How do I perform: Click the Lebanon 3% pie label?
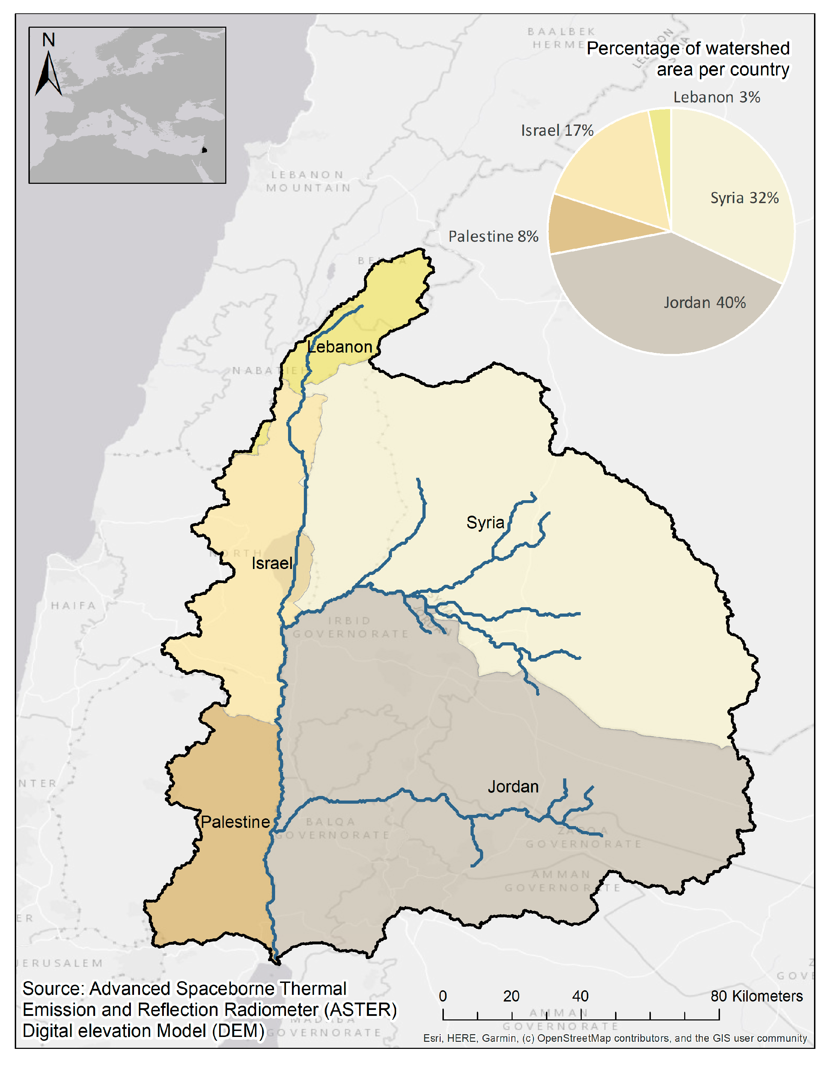tap(716, 97)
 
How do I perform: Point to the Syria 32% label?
tap(744, 198)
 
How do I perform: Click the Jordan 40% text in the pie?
tap(705, 302)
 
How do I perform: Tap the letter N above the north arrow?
tap(48, 40)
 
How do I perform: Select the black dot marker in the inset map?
tap(204, 150)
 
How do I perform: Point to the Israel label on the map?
tap(272, 563)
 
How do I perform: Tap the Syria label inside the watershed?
tap(485, 522)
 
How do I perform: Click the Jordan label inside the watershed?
tap(513, 786)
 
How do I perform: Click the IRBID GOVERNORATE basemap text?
tap(350, 627)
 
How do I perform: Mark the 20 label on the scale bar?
tap(511, 996)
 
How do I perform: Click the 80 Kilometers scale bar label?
tap(756, 996)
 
